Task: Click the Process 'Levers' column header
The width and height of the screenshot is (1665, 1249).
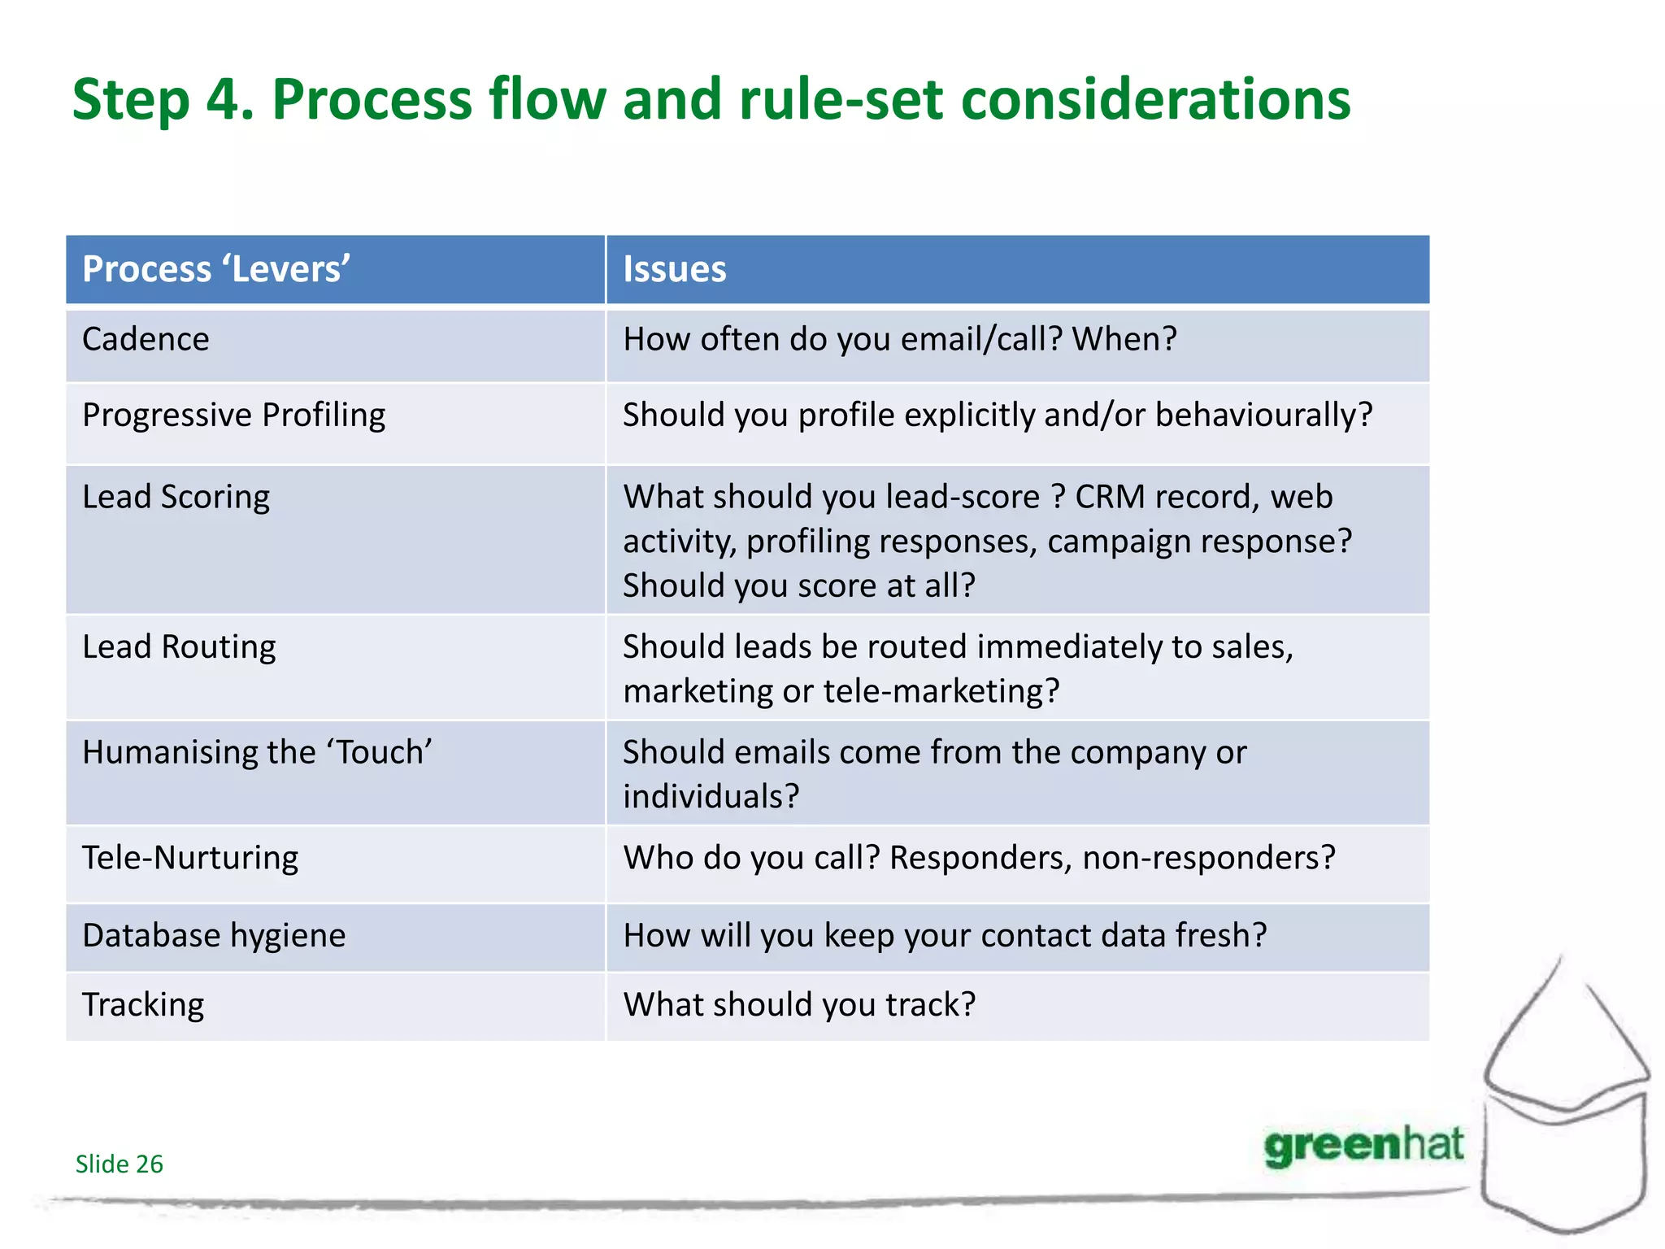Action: (216, 269)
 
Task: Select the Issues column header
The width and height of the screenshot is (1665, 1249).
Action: (674, 269)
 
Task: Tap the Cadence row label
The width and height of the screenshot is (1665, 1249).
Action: (146, 339)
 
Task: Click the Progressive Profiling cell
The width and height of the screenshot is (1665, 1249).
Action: (233, 415)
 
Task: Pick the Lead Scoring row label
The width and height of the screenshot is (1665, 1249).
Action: (176, 497)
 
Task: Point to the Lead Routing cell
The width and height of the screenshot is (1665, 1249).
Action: (179, 646)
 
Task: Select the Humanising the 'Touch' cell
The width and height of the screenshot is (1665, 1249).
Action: (257, 752)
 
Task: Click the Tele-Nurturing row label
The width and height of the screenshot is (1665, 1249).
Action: (190, 858)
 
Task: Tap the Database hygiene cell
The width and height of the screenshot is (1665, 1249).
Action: (214, 935)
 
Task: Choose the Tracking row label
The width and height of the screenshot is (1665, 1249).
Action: (143, 1005)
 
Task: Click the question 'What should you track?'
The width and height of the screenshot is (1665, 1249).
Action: (798, 1005)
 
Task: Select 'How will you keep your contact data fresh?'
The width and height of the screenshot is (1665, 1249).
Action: (945, 935)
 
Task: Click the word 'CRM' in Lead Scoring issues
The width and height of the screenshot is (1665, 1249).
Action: (1110, 497)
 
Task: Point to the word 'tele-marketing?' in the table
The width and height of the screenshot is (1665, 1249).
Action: (941, 691)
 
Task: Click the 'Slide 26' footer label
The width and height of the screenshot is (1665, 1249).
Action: (119, 1164)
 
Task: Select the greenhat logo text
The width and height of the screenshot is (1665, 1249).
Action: (1363, 1146)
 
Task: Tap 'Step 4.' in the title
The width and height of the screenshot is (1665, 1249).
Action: (163, 99)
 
